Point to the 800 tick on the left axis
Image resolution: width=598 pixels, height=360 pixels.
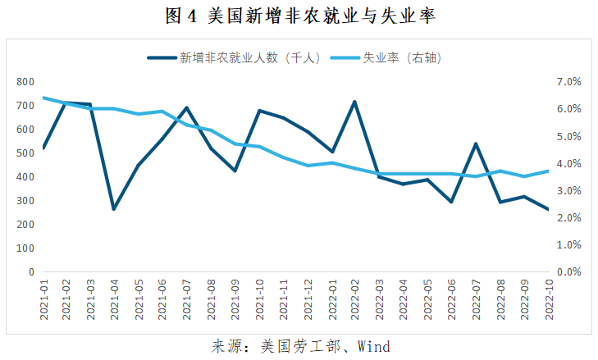point(25,82)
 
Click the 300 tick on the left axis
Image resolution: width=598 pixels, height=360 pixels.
point(25,201)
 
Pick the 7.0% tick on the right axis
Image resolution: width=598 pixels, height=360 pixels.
point(568,82)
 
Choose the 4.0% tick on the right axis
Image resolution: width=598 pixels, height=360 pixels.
point(568,163)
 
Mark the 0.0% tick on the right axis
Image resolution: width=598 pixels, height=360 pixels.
point(568,271)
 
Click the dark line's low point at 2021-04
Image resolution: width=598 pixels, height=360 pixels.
point(114,209)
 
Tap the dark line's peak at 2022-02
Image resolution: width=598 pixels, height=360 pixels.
point(354,102)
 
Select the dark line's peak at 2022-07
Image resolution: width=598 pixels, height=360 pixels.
point(475,144)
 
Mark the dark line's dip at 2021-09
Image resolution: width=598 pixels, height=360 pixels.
point(235,171)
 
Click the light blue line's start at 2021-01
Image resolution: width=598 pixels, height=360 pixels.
point(43,98)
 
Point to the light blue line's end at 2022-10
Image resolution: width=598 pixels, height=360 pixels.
point(547,171)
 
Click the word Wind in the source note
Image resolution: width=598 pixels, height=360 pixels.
point(374,346)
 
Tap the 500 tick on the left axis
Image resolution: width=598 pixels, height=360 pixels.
point(25,153)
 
